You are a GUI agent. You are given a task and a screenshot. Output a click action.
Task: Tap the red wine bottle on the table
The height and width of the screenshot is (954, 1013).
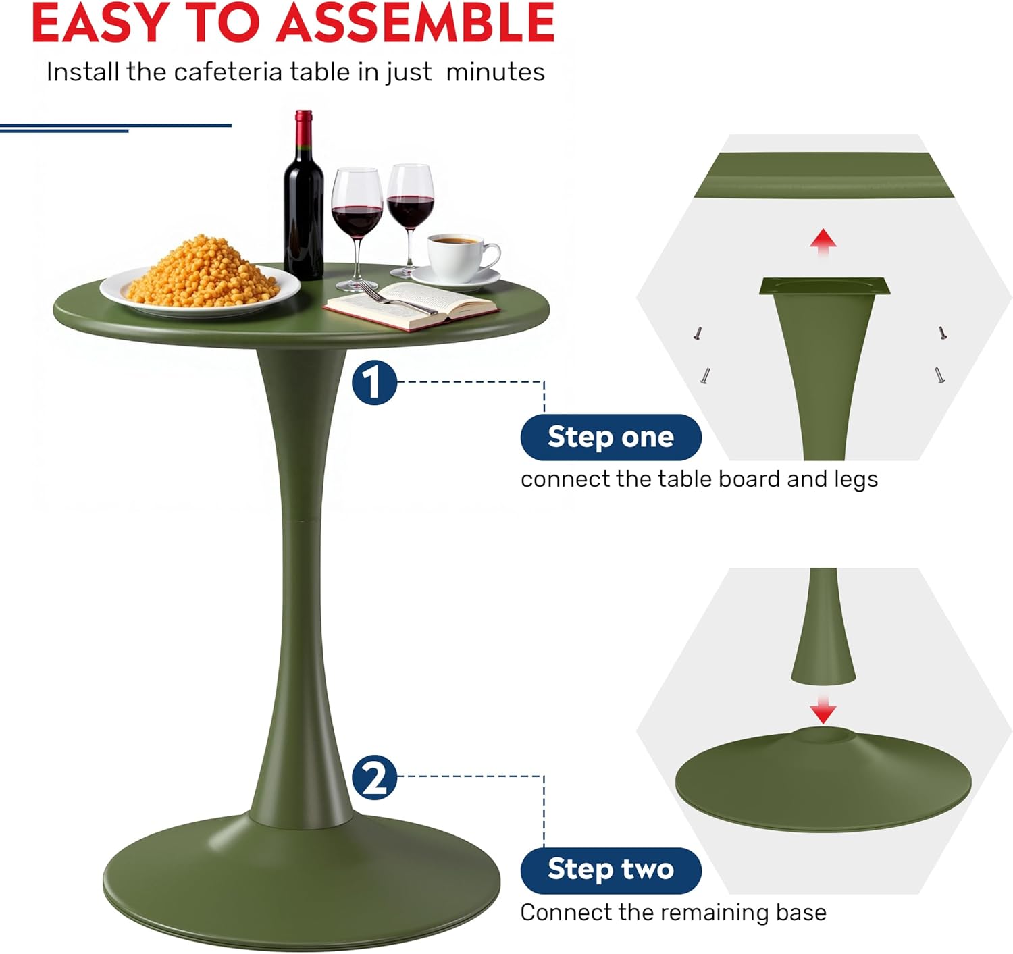[303, 195]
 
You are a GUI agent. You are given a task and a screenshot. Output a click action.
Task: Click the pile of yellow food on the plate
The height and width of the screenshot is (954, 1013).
[203, 273]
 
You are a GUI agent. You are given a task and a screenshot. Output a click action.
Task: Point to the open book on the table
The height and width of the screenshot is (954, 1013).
[411, 306]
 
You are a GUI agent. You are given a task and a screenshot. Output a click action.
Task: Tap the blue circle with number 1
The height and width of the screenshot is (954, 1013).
[374, 383]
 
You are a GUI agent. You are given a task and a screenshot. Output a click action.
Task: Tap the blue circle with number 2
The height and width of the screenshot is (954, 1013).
[374, 778]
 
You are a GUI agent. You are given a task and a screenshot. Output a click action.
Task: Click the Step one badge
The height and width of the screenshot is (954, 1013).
[611, 438]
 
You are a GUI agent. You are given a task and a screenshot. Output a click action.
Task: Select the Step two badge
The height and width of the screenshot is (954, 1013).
[611, 871]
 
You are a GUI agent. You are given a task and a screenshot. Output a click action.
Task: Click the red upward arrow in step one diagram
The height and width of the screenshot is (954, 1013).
[823, 242]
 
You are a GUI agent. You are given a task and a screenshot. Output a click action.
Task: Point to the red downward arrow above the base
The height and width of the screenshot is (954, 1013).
[823, 710]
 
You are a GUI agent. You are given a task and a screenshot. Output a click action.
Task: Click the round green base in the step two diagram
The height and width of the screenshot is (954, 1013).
[823, 780]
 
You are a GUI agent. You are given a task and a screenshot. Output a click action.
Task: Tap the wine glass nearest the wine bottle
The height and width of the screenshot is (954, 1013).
[357, 230]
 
